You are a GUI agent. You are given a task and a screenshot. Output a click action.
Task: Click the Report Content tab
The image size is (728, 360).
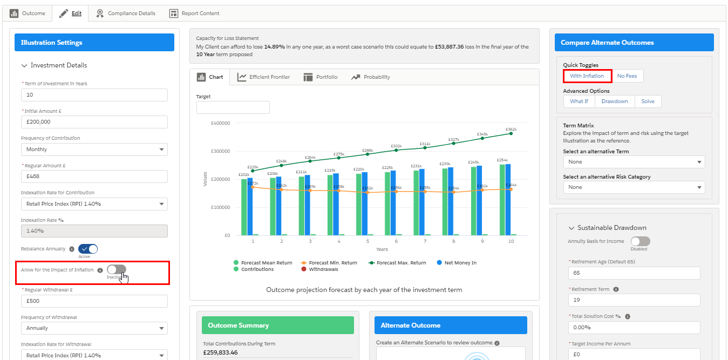(194, 13)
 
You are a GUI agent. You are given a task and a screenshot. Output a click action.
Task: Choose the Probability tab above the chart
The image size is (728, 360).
(370, 77)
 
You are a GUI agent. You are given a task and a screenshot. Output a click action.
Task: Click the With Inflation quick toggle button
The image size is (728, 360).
(587, 76)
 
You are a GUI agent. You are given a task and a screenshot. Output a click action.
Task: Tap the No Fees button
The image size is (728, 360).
(627, 76)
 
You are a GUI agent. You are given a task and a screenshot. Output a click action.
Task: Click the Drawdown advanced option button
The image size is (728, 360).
(615, 101)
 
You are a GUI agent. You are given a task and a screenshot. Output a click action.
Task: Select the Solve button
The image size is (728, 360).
(648, 101)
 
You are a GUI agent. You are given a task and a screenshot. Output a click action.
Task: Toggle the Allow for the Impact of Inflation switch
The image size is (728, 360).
(117, 269)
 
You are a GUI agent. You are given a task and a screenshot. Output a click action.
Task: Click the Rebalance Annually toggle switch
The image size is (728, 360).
(88, 249)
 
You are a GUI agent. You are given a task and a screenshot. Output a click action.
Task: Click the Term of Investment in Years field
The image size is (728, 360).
(94, 95)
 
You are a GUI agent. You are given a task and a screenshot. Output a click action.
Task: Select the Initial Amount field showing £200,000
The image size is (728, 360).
(94, 122)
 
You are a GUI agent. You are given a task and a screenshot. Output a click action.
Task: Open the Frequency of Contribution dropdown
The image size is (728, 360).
(94, 150)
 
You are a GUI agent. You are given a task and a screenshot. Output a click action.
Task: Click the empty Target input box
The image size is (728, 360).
(233, 107)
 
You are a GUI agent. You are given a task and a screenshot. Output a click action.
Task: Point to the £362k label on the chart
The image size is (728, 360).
(511, 130)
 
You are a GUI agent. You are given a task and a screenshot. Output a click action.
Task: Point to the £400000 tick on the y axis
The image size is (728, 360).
(220, 123)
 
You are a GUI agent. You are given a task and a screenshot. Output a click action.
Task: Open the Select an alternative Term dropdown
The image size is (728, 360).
(634, 162)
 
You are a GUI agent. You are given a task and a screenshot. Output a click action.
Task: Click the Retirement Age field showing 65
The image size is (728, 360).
(634, 273)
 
